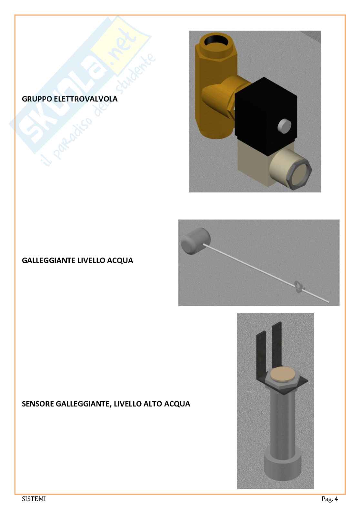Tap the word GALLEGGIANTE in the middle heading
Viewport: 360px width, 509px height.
point(49,260)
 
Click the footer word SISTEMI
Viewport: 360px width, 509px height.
point(34,499)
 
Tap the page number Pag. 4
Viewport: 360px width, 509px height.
point(330,499)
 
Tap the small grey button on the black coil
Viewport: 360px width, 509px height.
point(285,126)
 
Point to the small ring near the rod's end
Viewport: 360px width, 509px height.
point(298,287)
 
